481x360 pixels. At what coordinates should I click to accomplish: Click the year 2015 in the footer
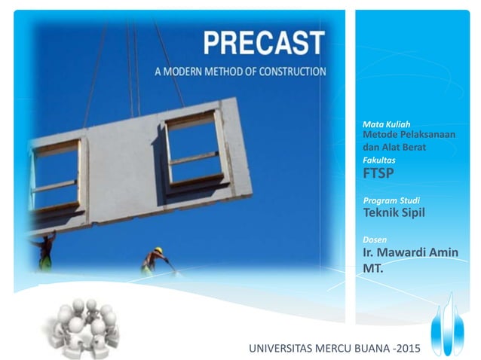pyautogui.click(x=406, y=349)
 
